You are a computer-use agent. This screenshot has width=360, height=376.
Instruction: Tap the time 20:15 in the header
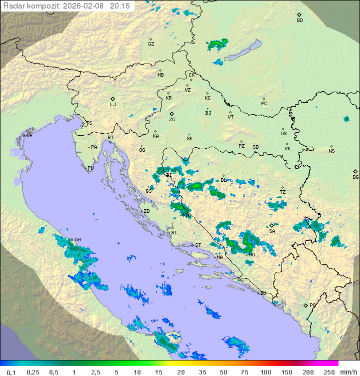click(x=120, y=6)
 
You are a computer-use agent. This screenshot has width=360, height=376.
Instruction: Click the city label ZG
click(x=172, y=120)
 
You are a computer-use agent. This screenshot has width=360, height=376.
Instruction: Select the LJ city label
click(x=113, y=105)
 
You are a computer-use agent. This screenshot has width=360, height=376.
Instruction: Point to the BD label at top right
click(x=299, y=21)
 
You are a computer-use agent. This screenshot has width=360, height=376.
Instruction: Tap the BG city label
click(x=355, y=177)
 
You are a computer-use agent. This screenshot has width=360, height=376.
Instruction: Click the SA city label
click(x=272, y=231)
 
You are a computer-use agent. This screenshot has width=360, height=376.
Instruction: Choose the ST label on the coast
click(x=198, y=245)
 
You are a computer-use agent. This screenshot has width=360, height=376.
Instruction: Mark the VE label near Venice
click(x=29, y=136)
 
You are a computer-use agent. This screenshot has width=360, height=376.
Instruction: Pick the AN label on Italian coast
click(x=77, y=240)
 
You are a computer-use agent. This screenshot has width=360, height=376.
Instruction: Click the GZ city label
click(x=151, y=44)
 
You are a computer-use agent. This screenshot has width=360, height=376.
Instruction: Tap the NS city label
click(x=331, y=151)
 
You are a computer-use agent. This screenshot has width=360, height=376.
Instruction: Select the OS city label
click(x=283, y=134)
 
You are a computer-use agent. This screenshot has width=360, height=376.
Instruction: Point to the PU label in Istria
click(x=90, y=168)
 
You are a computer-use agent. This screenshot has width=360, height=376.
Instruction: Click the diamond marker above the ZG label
click(x=171, y=114)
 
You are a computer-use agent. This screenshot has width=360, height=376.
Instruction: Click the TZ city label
click(x=283, y=192)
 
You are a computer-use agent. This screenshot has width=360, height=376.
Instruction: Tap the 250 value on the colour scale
click(x=329, y=372)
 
